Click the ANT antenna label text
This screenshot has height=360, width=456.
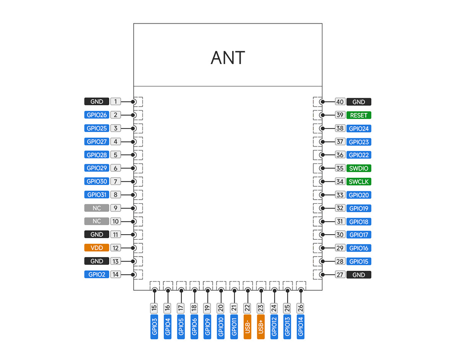(228, 58)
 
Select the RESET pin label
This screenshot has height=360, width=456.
(359, 115)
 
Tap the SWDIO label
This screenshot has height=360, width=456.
(359, 168)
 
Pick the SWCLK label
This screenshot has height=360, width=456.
(359, 181)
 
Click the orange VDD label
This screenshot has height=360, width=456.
(97, 248)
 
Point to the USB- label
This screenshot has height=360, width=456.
(248, 326)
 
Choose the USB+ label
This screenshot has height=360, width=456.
(261, 326)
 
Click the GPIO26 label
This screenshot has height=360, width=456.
(97, 115)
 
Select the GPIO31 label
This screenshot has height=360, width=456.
(97, 195)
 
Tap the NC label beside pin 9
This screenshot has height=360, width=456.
(97, 208)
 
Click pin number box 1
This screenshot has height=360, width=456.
(116, 102)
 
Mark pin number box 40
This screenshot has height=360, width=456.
(340, 102)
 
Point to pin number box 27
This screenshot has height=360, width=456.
(340, 275)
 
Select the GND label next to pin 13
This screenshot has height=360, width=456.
(97, 261)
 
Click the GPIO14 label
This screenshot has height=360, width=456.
(301, 326)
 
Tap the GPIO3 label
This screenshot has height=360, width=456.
(155, 326)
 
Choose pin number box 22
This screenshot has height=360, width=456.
(248, 308)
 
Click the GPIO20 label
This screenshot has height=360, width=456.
(359, 195)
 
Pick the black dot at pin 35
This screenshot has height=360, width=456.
(322, 168)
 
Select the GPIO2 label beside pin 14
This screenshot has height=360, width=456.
(97, 274)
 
